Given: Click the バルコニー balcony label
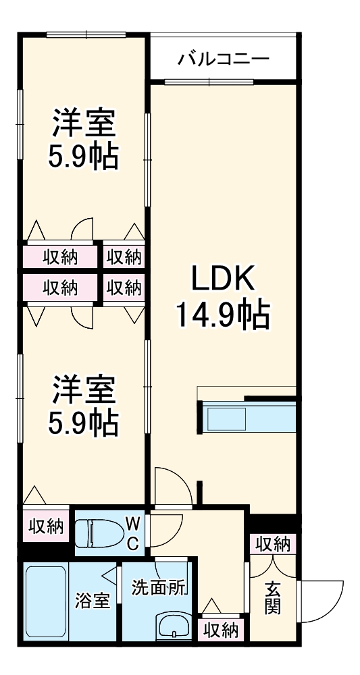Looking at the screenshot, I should (x=224, y=59).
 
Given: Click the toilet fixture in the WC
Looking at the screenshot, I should (x=94, y=532).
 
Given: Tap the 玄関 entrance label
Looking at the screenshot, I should (x=273, y=598).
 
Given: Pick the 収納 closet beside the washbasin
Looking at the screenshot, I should (x=221, y=630).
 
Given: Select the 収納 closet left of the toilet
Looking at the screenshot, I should (x=46, y=527).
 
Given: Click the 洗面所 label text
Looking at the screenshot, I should (x=159, y=587).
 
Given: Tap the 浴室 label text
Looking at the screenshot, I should (x=93, y=600).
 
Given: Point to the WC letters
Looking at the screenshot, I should (x=133, y=532).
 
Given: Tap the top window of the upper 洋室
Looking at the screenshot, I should (x=86, y=34).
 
